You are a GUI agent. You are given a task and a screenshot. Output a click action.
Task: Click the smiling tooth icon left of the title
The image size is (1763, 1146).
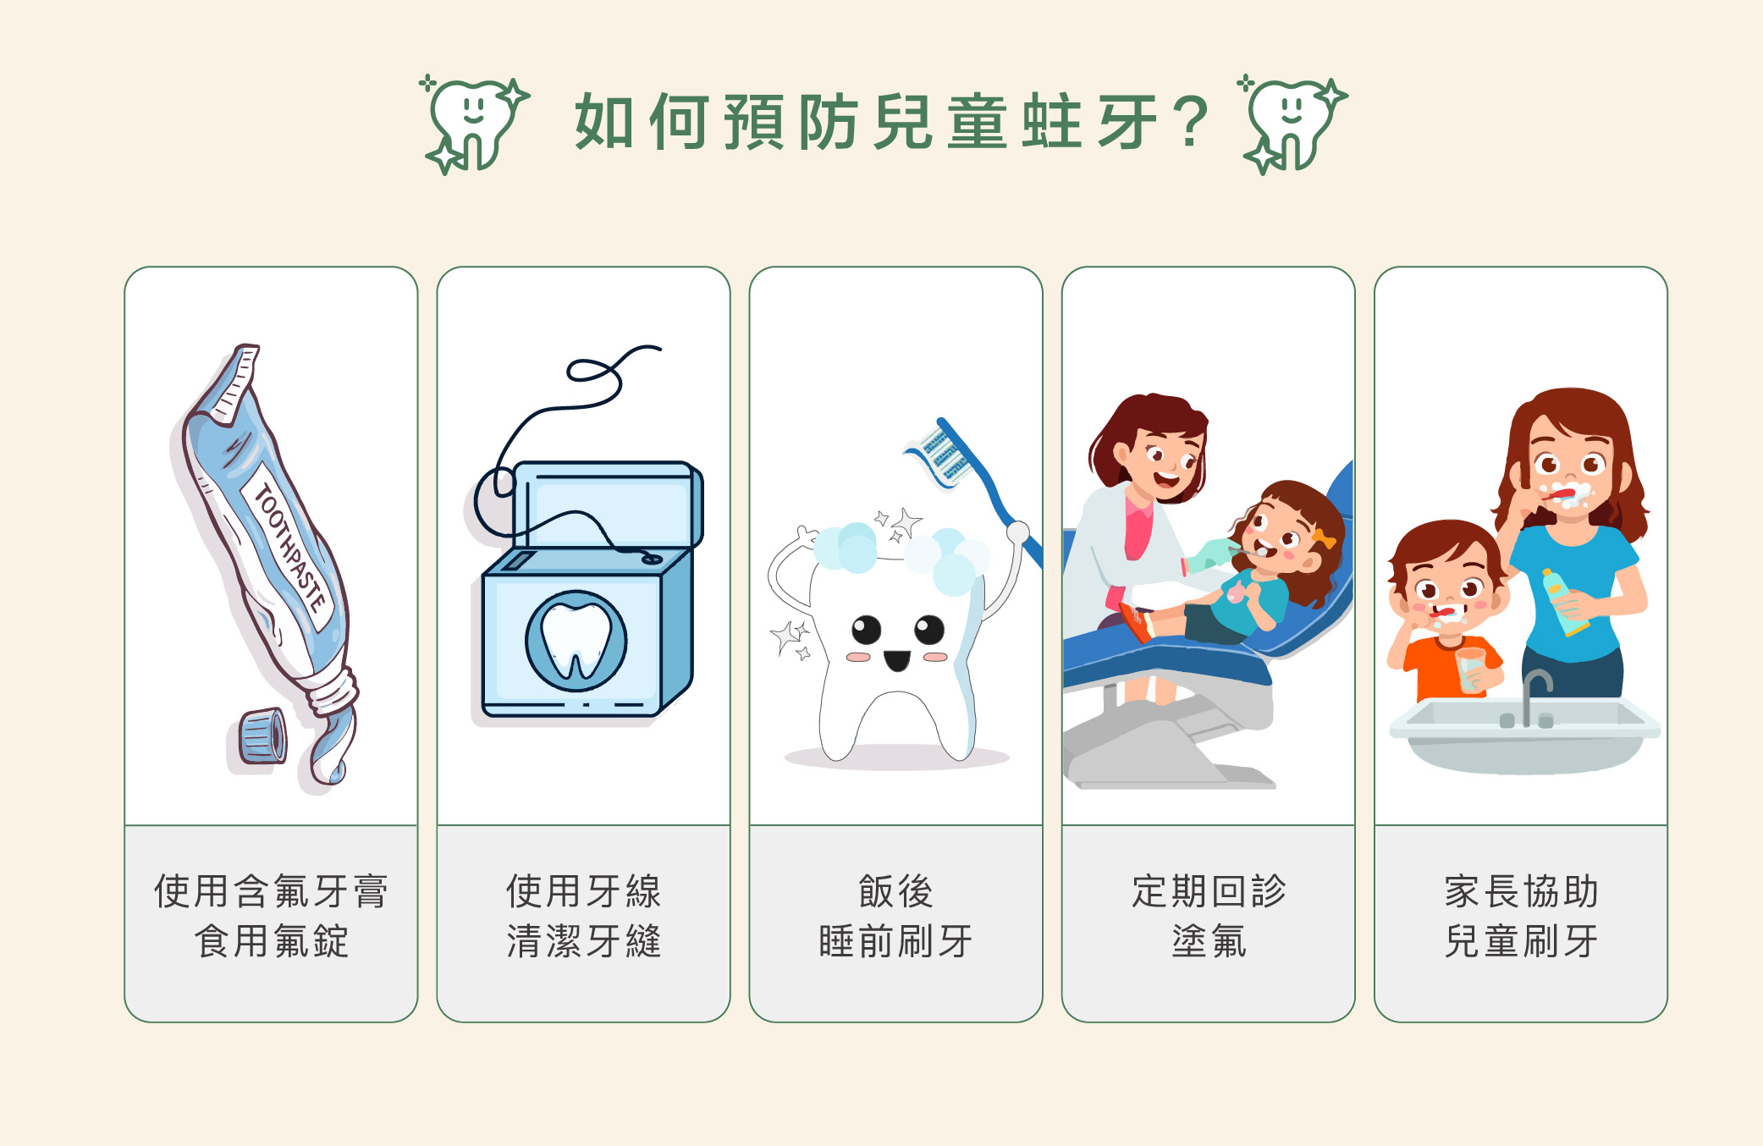(x=475, y=124)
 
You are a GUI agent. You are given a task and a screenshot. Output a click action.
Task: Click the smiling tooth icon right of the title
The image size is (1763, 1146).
(x=1292, y=124)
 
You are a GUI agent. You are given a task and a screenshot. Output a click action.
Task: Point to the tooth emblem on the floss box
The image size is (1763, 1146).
(x=576, y=641)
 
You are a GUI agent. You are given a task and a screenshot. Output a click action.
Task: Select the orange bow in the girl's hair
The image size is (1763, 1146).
(x=1322, y=538)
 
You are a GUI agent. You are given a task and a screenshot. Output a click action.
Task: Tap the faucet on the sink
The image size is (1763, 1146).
(x=1534, y=698)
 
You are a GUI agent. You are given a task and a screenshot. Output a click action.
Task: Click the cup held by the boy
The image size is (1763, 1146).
(x=1471, y=669)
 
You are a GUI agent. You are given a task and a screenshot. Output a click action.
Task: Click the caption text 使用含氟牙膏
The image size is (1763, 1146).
(x=271, y=891)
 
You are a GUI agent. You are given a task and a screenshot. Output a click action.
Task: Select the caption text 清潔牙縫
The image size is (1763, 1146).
(x=583, y=941)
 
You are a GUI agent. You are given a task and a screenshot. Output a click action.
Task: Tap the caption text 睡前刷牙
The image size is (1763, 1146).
(x=895, y=941)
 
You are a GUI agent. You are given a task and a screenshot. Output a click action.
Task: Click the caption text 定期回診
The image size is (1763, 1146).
(x=1209, y=891)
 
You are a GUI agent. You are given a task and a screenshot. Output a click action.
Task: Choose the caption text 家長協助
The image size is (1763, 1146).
(x=1521, y=891)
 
